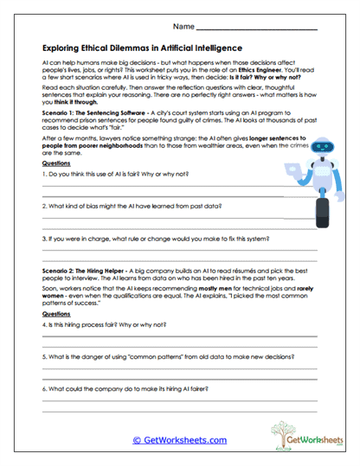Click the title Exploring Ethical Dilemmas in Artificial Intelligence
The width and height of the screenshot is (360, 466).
point(142,48)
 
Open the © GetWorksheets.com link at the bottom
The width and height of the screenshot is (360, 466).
point(179,440)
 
